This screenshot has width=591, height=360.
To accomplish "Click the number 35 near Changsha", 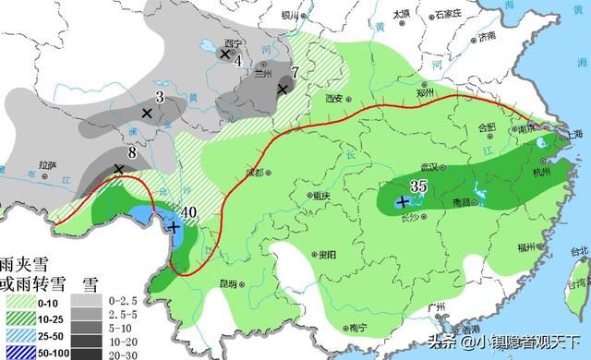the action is pos(417,186).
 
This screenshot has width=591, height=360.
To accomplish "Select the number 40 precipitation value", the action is pos(189,212).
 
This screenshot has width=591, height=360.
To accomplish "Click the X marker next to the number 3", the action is pos(146,113).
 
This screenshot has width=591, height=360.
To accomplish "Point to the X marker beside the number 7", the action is pos(283,89).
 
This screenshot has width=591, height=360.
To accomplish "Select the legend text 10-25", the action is pos(51,319).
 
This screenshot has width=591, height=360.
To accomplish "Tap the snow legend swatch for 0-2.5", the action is pos(87,301).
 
